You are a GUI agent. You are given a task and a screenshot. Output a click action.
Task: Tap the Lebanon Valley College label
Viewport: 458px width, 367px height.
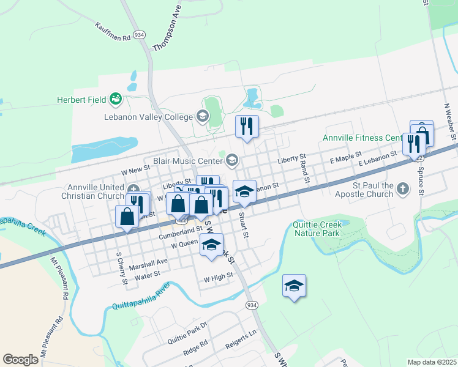pyautogui.click(x=148, y=116)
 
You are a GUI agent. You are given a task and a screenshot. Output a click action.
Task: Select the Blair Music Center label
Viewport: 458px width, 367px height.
pyautogui.click(x=187, y=161)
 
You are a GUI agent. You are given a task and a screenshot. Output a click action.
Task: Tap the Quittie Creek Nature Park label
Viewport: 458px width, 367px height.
pyautogui.click(x=317, y=228)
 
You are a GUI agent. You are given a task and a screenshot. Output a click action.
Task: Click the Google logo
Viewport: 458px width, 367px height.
pyautogui.click(x=21, y=359)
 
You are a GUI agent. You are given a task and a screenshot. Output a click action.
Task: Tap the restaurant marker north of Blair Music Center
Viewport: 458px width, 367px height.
pyautogui.click(x=247, y=127)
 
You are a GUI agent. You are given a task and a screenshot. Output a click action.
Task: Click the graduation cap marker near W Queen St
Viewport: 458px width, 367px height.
pyautogui.click(x=212, y=245)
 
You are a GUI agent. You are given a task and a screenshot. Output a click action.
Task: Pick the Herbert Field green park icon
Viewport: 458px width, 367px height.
pyautogui.click(x=114, y=98)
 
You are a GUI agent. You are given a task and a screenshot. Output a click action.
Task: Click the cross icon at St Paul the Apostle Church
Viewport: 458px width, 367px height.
pyautogui.click(x=403, y=189)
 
